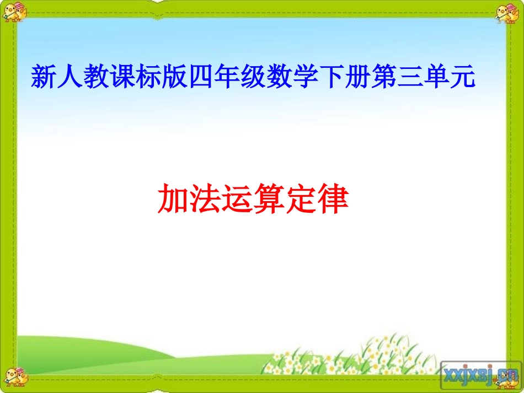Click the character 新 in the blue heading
[x=43, y=77]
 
